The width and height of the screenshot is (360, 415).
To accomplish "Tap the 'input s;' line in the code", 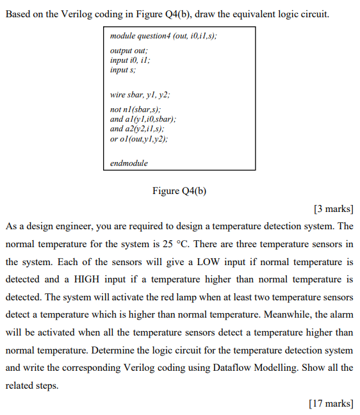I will pos(123,69).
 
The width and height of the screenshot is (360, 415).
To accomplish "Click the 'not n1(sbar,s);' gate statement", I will pos(137,110).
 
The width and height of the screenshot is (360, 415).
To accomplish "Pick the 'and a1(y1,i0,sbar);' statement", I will pos(143,119).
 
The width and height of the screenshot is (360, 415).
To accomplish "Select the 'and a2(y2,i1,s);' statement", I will pos(138,129).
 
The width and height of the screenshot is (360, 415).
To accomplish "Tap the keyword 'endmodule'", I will pos(129,163).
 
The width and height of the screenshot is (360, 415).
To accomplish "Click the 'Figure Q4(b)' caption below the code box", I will pos(179,190).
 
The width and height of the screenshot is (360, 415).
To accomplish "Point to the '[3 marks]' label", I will pos(334,209).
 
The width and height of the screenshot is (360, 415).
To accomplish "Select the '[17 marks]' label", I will pos(331,403).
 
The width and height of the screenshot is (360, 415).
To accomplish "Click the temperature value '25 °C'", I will pos(215,245).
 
